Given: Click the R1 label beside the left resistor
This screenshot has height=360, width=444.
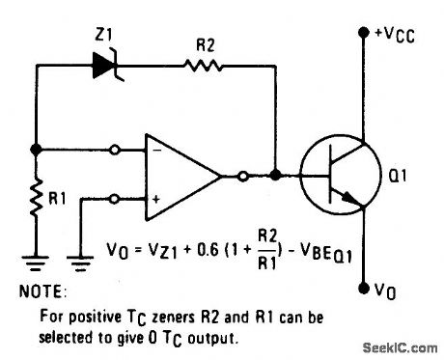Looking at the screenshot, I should pyautogui.click(x=59, y=202).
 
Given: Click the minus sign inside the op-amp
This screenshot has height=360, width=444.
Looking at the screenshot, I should pyautogui.click(x=154, y=152).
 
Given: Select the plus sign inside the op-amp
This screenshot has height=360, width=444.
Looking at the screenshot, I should pyautogui.click(x=154, y=198).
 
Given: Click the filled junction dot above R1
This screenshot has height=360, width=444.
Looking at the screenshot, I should pyautogui.click(x=36, y=150).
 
